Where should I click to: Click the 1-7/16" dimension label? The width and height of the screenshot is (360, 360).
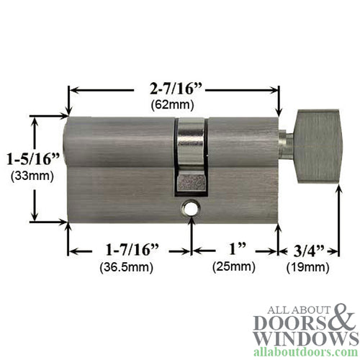point(131,250)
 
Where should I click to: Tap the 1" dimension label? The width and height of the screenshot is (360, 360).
point(235,250)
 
